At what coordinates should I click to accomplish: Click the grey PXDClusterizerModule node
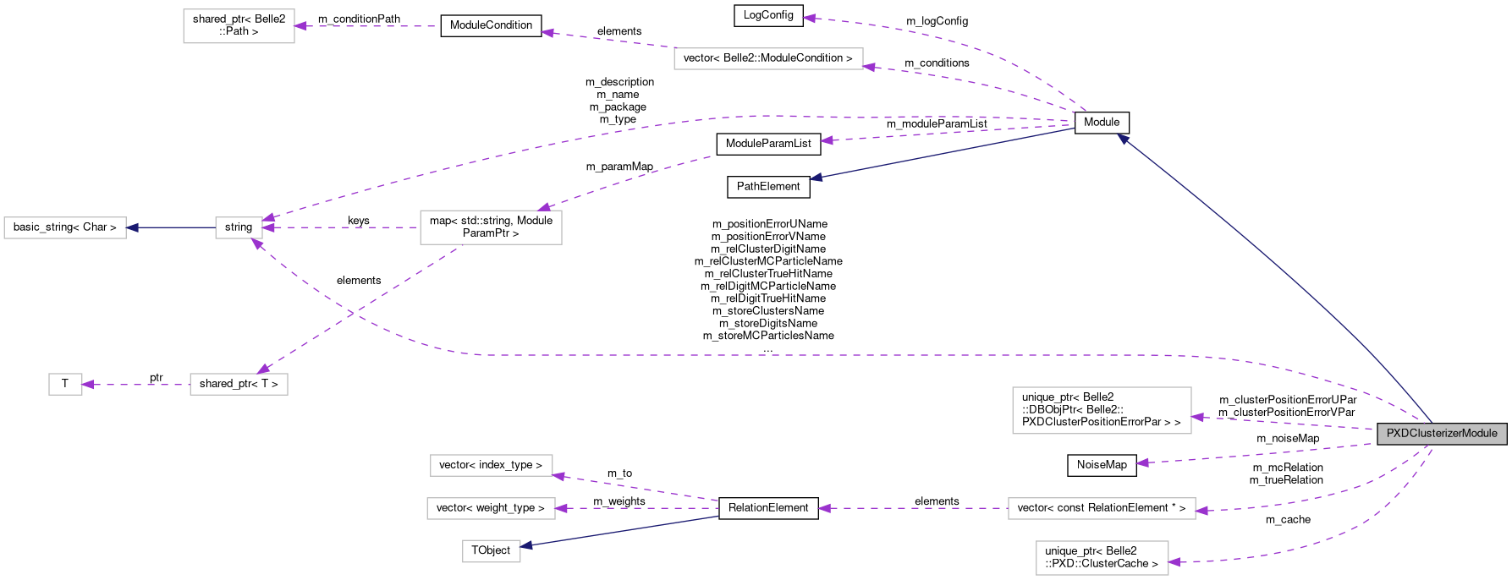tap(1442, 434)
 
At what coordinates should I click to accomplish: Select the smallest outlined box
tap(65, 384)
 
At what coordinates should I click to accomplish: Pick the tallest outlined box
tap(1102, 411)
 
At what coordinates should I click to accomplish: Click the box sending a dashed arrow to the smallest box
tap(239, 384)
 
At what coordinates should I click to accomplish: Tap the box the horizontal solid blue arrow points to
tap(65, 228)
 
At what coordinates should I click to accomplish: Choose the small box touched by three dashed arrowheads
tap(239, 227)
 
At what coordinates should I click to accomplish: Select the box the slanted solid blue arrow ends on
tap(491, 551)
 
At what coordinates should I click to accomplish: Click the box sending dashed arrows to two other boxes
tap(491, 227)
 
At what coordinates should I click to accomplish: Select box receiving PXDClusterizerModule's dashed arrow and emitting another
tap(1102, 509)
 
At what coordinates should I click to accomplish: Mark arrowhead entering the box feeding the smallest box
tap(264, 369)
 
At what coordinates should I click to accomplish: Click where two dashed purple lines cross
tap(351, 313)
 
